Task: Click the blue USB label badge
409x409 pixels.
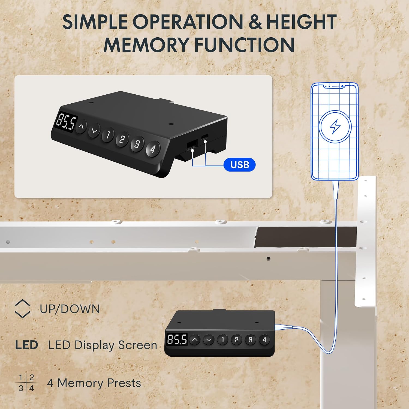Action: click(239, 165)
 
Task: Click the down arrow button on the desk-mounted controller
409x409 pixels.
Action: click(209, 340)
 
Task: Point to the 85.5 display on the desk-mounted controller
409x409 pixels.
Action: click(177, 339)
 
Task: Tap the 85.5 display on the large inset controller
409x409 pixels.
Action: click(66, 122)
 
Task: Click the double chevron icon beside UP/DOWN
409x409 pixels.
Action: click(22, 309)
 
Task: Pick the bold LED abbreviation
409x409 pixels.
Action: click(26, 345)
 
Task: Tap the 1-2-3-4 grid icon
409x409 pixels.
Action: click(26, 383)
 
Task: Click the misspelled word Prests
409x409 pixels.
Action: click(124, 383)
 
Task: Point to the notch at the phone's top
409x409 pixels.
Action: click(335, 86)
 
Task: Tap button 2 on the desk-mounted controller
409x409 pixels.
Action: click(236, 340)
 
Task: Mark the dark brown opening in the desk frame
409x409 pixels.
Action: click(306, 237)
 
